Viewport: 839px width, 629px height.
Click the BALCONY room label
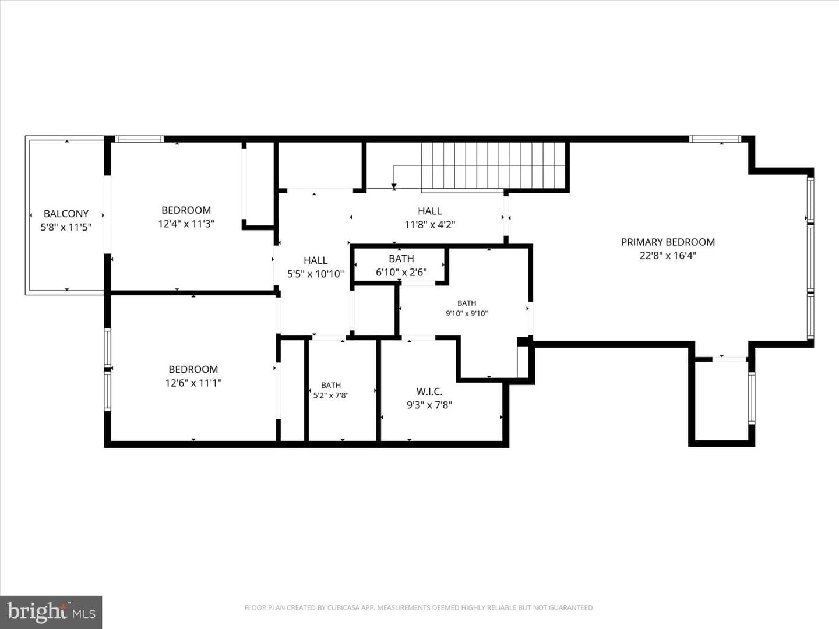coord(66,214)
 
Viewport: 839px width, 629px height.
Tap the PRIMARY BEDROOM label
coord(668,242)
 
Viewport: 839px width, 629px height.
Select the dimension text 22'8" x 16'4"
coord(668,256)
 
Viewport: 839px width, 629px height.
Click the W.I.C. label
coord(429,391)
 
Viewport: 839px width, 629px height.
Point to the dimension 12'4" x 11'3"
coord(186,224)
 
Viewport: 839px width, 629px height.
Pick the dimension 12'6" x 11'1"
coord(193,383)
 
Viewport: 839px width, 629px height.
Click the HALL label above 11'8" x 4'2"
coord(429,211)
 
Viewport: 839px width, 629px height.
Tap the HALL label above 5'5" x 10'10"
coord(315,260)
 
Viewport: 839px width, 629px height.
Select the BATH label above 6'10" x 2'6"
coord(401,259)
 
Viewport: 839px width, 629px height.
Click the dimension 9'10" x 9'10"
coord(467,313)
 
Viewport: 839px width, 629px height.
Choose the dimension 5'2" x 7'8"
coord(331,395)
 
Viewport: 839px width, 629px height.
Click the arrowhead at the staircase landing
coord(394,186)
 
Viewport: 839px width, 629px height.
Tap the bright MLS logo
coord(51,612)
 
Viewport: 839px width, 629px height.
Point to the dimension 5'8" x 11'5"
coord(66,227)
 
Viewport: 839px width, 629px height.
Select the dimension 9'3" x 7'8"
coord(429,405)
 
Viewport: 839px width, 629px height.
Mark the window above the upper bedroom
coord(139,139)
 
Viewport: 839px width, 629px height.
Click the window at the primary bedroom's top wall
coord(715,139)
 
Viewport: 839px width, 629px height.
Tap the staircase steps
coord(493,165)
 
